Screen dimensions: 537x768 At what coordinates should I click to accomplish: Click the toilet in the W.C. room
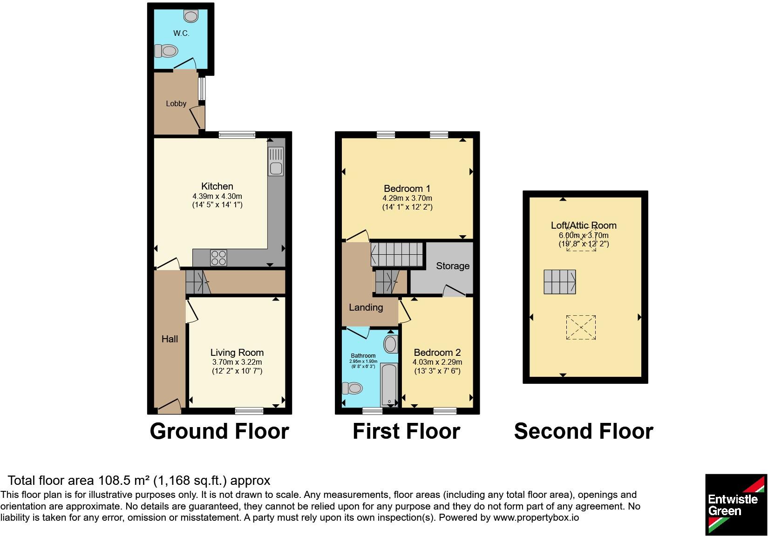[x=167, y=50]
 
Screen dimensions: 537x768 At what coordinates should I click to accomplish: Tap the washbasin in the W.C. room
[x=190, y=16]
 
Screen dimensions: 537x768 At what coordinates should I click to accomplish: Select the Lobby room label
[x=176, y=104]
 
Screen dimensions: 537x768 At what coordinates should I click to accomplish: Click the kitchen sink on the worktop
[x=276, y=161]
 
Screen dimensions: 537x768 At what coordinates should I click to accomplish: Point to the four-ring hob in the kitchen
[x=218, y=258]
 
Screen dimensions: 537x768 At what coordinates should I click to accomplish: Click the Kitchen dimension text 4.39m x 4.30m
[x=217, y=196]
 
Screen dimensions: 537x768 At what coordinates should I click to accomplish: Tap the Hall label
[x=170, y=339]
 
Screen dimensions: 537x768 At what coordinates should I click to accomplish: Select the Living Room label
[x=237, y=353]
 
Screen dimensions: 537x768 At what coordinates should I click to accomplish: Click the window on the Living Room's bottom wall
[x=249, y=410]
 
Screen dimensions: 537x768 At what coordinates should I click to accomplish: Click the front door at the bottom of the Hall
[x=170, y=407]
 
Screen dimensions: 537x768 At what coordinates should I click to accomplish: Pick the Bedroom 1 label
[x=407, y=189]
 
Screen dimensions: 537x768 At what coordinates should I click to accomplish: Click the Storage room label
[x=452, y=266]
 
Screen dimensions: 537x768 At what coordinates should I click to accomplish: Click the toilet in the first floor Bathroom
[x=353, y=387]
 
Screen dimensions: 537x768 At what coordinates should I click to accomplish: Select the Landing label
[x=366, y=307]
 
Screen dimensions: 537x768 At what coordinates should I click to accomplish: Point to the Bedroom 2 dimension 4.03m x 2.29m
[x=437, y=362]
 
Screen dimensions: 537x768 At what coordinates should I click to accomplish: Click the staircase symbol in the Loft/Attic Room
[x=560, y=282]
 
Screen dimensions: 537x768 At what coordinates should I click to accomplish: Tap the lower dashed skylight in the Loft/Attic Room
[x=581, y=327]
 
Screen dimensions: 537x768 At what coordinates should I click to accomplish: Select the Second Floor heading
[x=584, y=431]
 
